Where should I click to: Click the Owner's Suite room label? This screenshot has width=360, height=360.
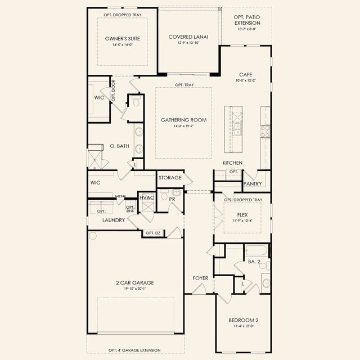tap(122, 39)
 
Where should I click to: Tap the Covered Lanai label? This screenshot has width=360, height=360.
tap(188, 37)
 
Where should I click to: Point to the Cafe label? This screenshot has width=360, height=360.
tap(245, 74)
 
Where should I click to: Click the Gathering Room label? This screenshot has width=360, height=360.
tap(183, 120)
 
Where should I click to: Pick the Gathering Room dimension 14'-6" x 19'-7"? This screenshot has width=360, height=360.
tap(183, 127)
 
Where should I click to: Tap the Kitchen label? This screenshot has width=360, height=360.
tap(232, 163)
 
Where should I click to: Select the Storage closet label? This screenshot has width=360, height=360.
tap(170, 178)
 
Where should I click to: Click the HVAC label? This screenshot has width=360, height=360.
tap(147, 198)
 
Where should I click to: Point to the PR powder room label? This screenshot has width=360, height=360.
tap(173, 199)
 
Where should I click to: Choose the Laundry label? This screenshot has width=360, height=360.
tap(114, 220)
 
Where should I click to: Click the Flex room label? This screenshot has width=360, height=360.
tap(243, 214)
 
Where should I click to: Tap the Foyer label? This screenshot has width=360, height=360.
tap(200, 278)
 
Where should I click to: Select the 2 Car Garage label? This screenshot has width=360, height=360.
tap(135, 282)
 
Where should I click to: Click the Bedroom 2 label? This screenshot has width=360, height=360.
tap(243, 320)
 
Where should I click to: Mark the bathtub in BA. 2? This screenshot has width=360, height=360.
tap(256, 250)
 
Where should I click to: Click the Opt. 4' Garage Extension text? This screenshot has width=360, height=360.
tap(135, 350)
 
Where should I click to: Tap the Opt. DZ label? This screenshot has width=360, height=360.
tap(153, 233)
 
